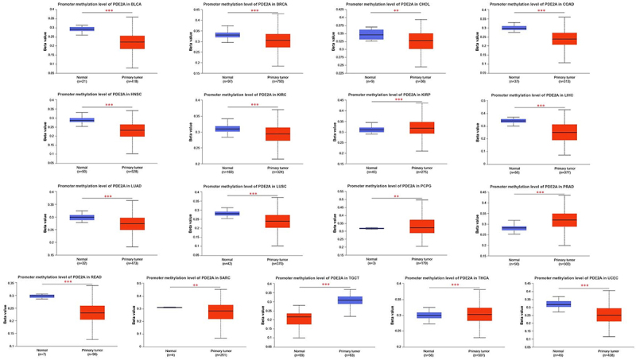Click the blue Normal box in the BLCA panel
82,29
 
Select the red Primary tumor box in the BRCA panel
256,41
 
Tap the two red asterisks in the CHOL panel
396,11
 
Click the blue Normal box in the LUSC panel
227,214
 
